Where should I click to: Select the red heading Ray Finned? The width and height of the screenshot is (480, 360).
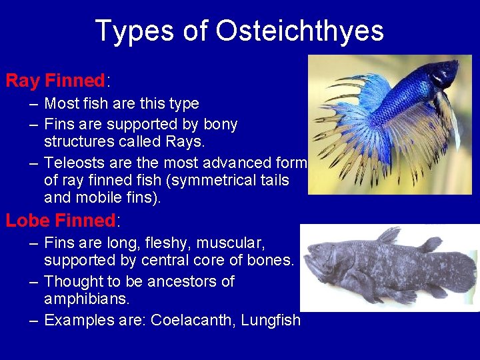click(55, 81)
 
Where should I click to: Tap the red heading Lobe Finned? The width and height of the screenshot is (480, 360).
click(61, 220)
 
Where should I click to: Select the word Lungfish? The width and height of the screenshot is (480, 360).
click(271, 320)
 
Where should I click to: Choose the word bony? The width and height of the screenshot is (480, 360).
click(220, 125)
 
